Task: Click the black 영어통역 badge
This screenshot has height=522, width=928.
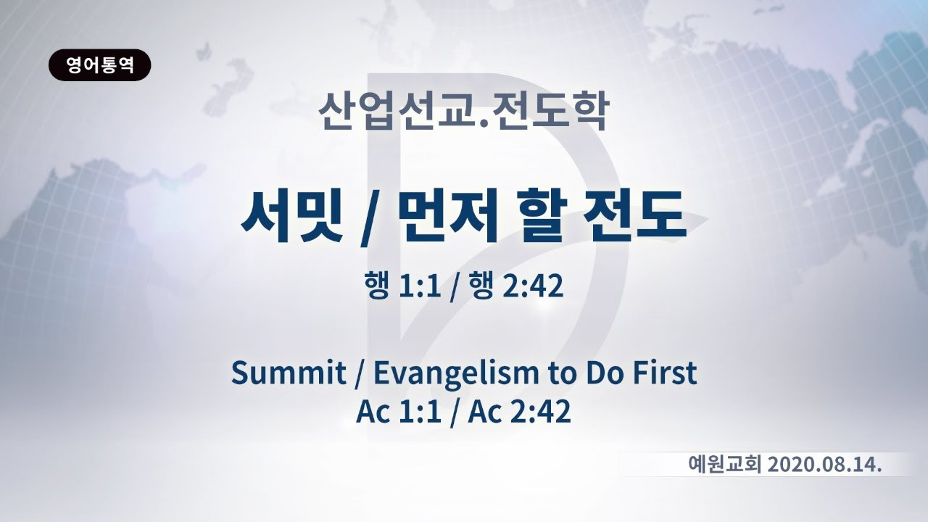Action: click(100, 65)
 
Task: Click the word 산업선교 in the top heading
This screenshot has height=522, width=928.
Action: click(395, 111)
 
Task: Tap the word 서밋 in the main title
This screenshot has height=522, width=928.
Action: click(291, 215)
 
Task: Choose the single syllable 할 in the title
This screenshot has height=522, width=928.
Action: click(543, 215)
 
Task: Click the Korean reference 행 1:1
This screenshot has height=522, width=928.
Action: click(402, 286)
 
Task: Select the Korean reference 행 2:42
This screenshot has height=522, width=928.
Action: click(515, 286)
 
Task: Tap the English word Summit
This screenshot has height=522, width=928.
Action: click(289, 373)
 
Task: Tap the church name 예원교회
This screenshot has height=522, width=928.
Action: click(724, 465)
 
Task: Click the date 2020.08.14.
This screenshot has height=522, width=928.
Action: click(824, 465)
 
